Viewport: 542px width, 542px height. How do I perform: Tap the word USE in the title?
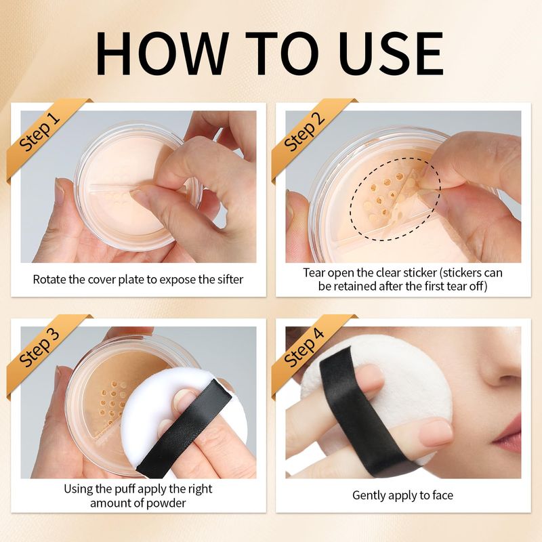[x=391, y=54]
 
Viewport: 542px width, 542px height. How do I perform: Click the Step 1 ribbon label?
[x=39, y=132]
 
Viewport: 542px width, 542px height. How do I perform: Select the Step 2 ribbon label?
[x=304, y=132]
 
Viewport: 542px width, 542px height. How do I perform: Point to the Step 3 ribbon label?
[x=39, y=348]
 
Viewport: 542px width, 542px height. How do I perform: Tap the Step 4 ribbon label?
[x=304, y=348]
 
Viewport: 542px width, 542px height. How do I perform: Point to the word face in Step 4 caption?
[x=442, y=495]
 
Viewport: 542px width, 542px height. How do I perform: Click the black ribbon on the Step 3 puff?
[x=184, y=429]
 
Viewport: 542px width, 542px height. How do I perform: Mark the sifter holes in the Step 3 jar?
[x=112, y=402]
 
